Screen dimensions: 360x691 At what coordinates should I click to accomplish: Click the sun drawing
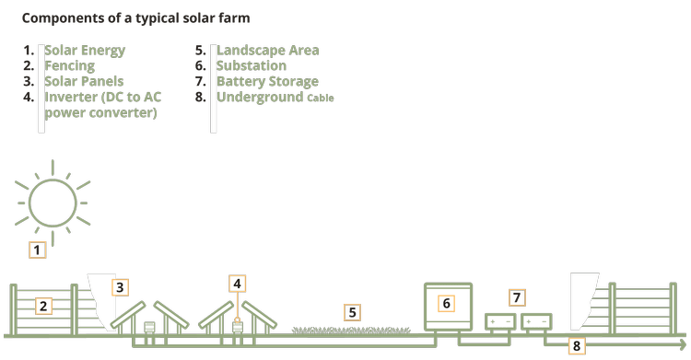tap(52, 199)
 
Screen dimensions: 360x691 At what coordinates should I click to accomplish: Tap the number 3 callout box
tap(120, 286)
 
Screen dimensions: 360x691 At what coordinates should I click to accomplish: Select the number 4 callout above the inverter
tap(238, 283)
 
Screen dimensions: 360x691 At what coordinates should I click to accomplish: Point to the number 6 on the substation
tap(446, 303)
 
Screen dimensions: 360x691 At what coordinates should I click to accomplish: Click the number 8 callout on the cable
tap(577, 346)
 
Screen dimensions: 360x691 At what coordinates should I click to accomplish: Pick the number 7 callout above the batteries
tap(517, 297)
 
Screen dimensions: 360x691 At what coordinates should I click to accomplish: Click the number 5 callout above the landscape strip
tap(350, 312)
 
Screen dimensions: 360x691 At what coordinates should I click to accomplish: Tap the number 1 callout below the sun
tap(38, 249)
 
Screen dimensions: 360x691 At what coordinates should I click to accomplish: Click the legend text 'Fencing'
tap(70, 66)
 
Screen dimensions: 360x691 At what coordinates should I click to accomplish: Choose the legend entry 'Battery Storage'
tap(267, 82)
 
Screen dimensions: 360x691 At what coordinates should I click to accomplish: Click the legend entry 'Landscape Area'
tap(267, 50)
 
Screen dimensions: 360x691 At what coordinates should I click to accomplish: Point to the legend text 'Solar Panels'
tap(84, 82)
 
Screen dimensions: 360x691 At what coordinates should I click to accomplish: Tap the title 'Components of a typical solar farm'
tap(135, 17)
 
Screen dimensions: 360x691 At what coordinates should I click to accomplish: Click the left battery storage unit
tap(500, 320)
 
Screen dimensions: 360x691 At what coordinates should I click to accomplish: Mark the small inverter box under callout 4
tap(238, 325)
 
